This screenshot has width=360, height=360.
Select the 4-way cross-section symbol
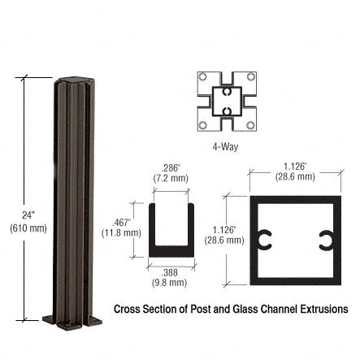pos(226,101)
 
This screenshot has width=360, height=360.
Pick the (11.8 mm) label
pos(121,232)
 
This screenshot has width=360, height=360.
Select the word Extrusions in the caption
pos(323,310)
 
